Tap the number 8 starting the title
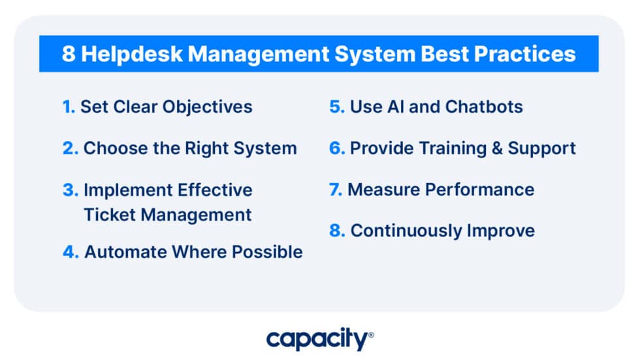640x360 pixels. click(x=68, y=54)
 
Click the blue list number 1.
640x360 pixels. click(x=69, y=106)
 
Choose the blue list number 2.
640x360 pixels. click(x=70, y=148)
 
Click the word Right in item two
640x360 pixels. click(x=204, y=148)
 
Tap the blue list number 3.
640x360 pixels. click(x=70, y=190)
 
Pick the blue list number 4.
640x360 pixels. click(x=70, y=252)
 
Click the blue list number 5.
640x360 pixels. click(x=336, y=106)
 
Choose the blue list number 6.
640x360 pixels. click(x=336, y=148)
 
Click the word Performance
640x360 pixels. click(x=479, y=189)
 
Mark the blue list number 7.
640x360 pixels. click(x=336, y=189)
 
